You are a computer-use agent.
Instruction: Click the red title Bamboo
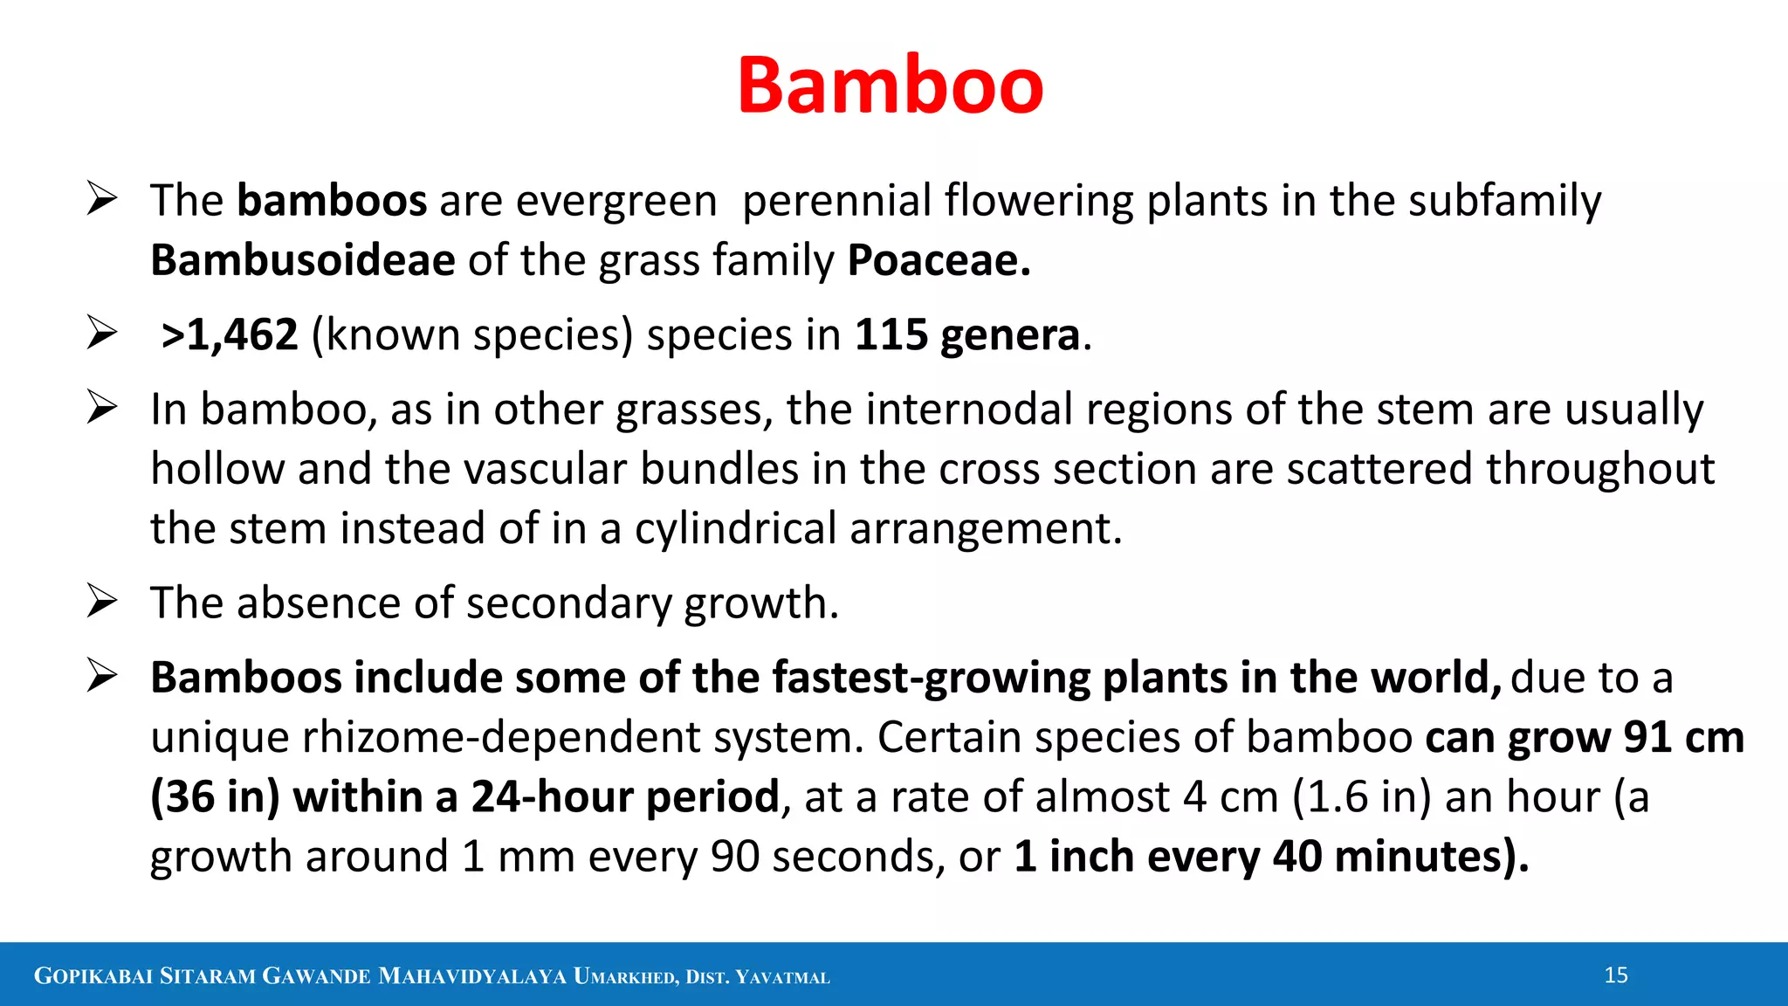tap(890, 86)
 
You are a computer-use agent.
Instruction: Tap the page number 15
tap(1616, 975)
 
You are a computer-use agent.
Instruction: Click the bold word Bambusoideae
tap(302, 260)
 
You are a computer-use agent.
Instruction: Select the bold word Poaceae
tap(939, 260)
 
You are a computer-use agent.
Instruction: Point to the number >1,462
tap(230, 335)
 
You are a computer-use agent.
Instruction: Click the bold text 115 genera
tap(967, 335)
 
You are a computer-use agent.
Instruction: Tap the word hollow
tap(217, 469)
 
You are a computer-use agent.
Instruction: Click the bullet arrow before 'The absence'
tap(102, 602)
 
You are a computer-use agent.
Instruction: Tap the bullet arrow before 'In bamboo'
tap(102, 408)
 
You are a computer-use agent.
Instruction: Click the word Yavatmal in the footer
tap(782, 977)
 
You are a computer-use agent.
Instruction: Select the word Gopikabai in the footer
tap(93, 976)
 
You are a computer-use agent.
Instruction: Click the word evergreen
tap(616, 202)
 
